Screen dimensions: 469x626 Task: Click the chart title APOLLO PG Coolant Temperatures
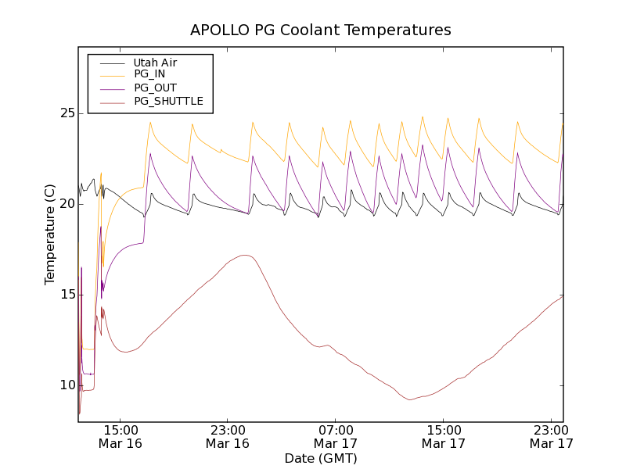pos(321,30)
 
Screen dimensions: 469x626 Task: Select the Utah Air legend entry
pos(155,63)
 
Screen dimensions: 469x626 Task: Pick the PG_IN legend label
pos(149,74)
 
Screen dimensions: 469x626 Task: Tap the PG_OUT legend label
pos(155,88)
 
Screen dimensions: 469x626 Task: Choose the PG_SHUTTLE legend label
pos(168,101)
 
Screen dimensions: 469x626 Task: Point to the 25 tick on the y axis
pos(67,113)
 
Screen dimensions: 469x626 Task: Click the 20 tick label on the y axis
pos(67,204)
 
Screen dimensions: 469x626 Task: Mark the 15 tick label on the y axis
pos(67,295)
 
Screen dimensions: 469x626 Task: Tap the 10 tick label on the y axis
pos(67,385)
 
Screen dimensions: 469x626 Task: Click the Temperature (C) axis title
pos(50,234)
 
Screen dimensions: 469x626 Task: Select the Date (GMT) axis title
pos(321,458)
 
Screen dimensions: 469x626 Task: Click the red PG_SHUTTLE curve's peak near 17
pos(244,255)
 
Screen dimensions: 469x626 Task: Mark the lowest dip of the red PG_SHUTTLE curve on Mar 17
pos(410,400)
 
